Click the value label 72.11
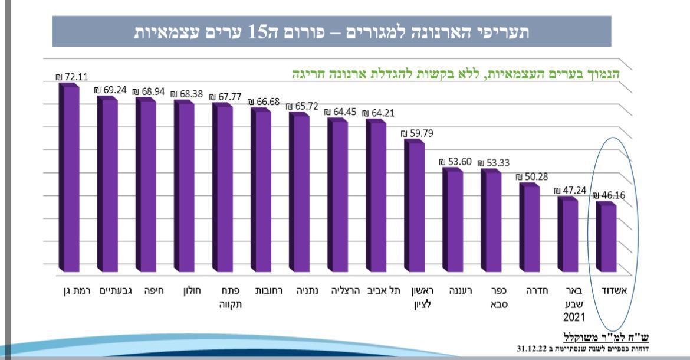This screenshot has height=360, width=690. (67, 77)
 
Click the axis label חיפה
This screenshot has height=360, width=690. (146, 290)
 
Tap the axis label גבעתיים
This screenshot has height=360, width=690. (107, 290)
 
